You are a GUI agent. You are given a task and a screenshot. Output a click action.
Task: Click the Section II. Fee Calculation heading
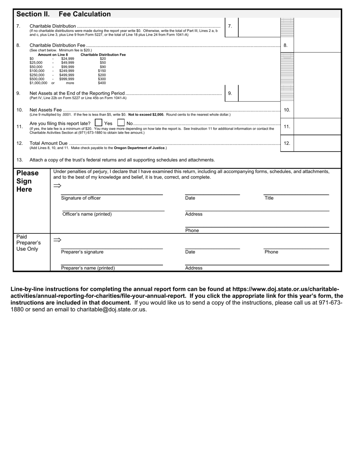(63, 14)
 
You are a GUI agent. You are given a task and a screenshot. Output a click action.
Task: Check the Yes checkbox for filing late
(99, 123)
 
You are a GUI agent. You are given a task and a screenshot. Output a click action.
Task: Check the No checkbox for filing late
(121, 123)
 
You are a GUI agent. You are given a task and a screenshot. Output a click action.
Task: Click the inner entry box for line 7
(259, 27)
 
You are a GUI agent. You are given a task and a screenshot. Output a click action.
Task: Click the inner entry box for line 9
(259, 93)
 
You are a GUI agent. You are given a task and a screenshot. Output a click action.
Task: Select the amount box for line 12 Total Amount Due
(317, 144)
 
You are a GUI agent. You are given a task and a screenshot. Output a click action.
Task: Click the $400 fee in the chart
(102, 83)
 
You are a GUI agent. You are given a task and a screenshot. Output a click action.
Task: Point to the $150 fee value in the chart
(102, 71)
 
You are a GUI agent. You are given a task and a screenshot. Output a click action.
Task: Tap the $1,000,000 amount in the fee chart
(39, 83)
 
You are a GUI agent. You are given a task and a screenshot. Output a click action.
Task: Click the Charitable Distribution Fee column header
(103, 55)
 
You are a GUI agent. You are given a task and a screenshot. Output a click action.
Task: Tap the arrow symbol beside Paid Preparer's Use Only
(57, 240)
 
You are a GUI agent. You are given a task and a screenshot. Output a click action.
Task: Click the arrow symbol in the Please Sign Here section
(57, 186)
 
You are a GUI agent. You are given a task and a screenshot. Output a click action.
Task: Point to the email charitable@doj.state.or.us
(111, 309)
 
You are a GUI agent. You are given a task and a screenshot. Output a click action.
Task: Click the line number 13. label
(20, 160)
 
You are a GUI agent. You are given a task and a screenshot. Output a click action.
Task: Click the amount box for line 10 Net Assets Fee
(317, 110)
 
